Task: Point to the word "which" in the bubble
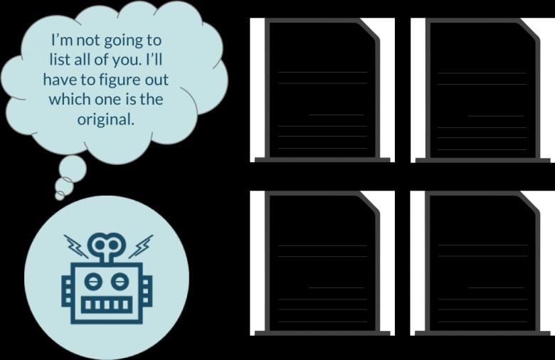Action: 70,99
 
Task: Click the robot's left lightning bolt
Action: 76,246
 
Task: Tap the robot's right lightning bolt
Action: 141,246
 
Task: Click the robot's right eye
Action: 120,282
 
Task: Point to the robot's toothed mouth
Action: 107,305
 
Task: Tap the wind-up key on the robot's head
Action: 107,248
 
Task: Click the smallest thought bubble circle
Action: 60,196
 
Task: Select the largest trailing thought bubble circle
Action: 73,169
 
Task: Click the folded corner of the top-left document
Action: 369,29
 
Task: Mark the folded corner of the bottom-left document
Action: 369,202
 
